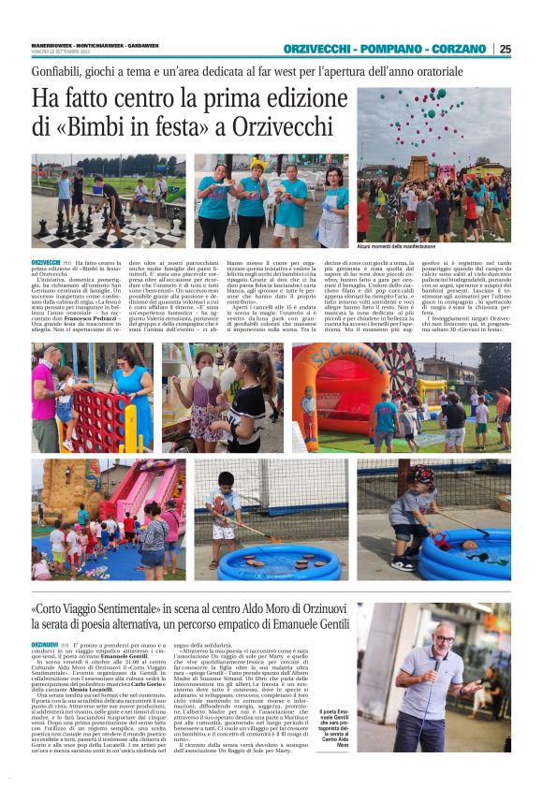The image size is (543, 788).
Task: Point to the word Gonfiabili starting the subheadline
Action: click(58, 72)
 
